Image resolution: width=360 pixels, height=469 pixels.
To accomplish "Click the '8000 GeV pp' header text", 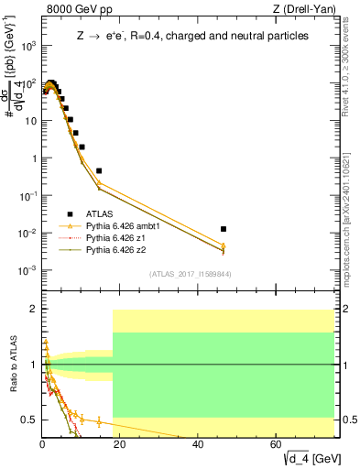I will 80,10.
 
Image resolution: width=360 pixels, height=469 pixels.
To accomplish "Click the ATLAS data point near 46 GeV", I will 224,229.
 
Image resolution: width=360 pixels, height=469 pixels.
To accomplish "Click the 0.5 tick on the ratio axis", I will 29,420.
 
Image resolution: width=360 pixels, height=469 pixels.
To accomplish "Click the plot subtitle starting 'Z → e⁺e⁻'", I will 191,37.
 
